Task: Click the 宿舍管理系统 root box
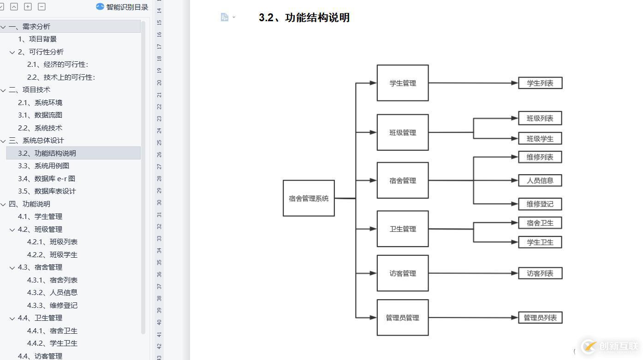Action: (309, 198)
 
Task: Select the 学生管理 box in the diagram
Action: (403, 83)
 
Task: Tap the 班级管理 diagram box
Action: (403, 132)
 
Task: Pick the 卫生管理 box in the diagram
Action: (403, 229)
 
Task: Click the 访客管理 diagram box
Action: (403, 273)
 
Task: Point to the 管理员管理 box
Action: (403, 318)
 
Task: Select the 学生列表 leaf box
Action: (540, 83)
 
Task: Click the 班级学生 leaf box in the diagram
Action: (540, 138)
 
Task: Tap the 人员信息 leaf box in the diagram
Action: (540, 180)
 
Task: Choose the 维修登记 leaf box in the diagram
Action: (540, 204)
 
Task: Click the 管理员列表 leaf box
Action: (540, 318)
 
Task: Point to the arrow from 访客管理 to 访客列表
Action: (473, 273)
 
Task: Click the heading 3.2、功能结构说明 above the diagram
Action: (304, 18)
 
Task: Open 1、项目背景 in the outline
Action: (37, 39)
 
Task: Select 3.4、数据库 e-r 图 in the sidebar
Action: (47, 178)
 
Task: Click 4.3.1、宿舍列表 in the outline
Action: (52, 280)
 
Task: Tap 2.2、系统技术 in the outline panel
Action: (40, 128)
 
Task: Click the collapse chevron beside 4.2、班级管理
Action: (12, 230)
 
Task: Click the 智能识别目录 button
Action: (122, 7)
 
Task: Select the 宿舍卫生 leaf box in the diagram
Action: (540, 223)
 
